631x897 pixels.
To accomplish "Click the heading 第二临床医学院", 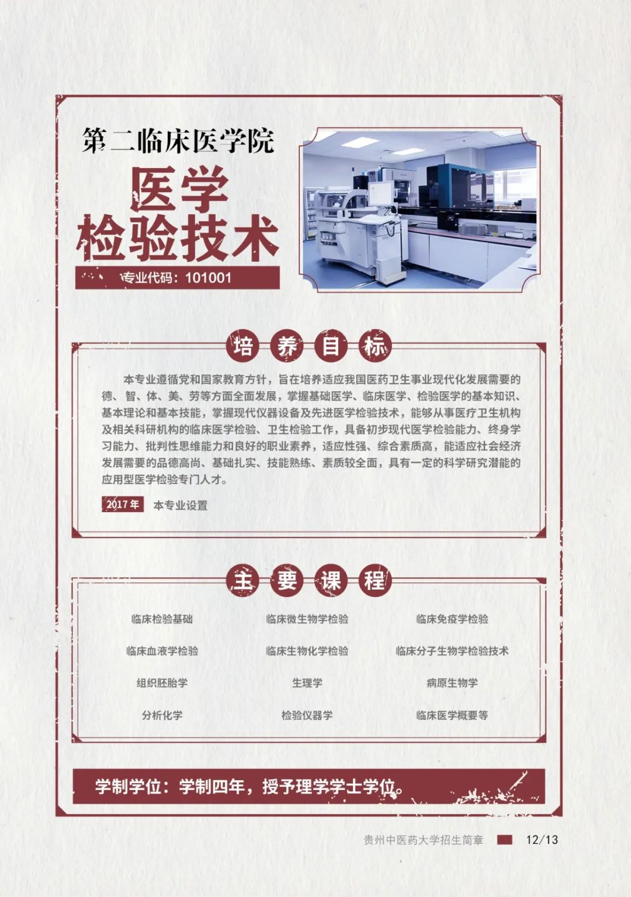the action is tap(178, 141).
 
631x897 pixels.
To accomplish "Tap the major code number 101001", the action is tap(209, 278).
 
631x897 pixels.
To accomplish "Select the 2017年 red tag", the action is tap(123, 504).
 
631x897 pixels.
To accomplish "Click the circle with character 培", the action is tap(243, 346).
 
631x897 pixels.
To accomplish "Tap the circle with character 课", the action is tap(331, 580).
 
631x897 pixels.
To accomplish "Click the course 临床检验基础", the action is tap(162, 619).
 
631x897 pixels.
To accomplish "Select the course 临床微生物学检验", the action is tap(307, 619).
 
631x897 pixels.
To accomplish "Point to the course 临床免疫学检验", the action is tap(452, 619).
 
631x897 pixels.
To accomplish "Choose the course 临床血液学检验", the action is tap(162, 651).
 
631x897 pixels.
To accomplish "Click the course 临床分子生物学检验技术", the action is tap(452, 651).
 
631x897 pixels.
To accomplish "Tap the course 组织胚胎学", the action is tap(162, 683).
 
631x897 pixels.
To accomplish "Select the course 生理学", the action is tap(307, 683).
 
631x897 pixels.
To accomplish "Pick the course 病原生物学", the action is tap(452, 683).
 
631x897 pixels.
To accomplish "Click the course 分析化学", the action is tap(162, 715).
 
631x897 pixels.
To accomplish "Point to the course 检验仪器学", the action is tap(307, 715).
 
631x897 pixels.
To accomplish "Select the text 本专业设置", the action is tap(181, 505).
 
